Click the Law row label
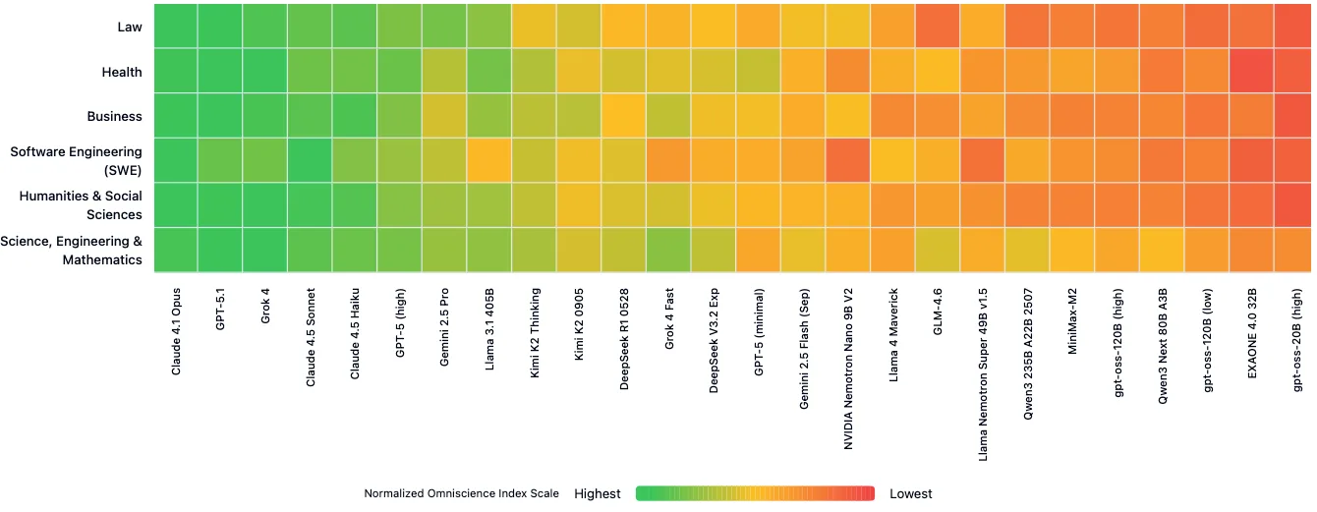130,27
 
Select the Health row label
122,72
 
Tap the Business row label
115,116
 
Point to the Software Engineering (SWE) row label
76,160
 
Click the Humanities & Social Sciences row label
81,205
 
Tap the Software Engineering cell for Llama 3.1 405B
488,160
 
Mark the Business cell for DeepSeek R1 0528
623,116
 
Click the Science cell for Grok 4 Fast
668,250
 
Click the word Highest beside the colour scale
598,493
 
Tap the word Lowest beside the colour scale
911,493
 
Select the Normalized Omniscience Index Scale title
461,493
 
